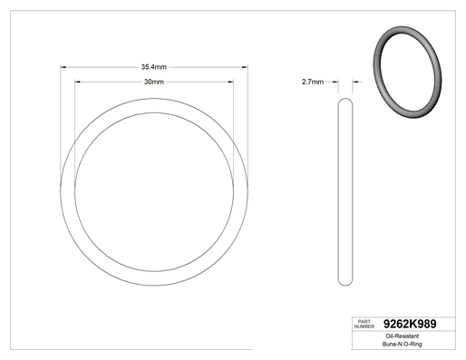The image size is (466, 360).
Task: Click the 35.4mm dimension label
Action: [x=154, y=67]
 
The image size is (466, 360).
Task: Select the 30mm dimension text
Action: [x=154, y=82]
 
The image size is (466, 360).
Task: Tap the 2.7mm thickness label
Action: [x=313, y=82]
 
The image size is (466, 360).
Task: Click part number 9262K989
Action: [x=410, y=324]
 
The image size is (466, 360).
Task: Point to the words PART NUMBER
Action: [x=364, y=324]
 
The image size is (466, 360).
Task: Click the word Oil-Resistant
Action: [x=403, y=336]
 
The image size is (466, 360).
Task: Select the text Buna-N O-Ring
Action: [x=403, y=344]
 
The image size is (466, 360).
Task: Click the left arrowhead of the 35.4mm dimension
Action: [x=63, y=67]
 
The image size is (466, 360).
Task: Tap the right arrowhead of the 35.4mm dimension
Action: [x=245, y=67]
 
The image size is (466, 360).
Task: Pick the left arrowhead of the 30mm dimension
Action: [x=78, y=82]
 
